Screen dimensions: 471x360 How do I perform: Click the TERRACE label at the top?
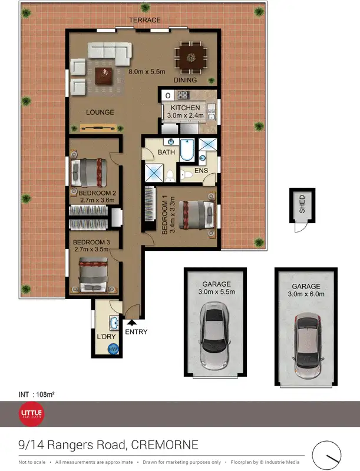(x=145, y=20)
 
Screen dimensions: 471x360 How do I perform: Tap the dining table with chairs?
(x=190, y=57)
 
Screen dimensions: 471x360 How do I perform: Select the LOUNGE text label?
(x=100, y=112)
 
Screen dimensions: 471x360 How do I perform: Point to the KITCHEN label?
(x=187, y=108)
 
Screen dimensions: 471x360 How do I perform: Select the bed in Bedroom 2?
(x=89, y=173)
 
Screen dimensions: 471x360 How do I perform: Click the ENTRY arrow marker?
(x=131, y=322)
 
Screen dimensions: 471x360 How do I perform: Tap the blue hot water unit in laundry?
(x=113, y=349)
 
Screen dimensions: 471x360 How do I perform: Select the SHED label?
(x=302, y=204)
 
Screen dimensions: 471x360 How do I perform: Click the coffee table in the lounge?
(x=105, y=75)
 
